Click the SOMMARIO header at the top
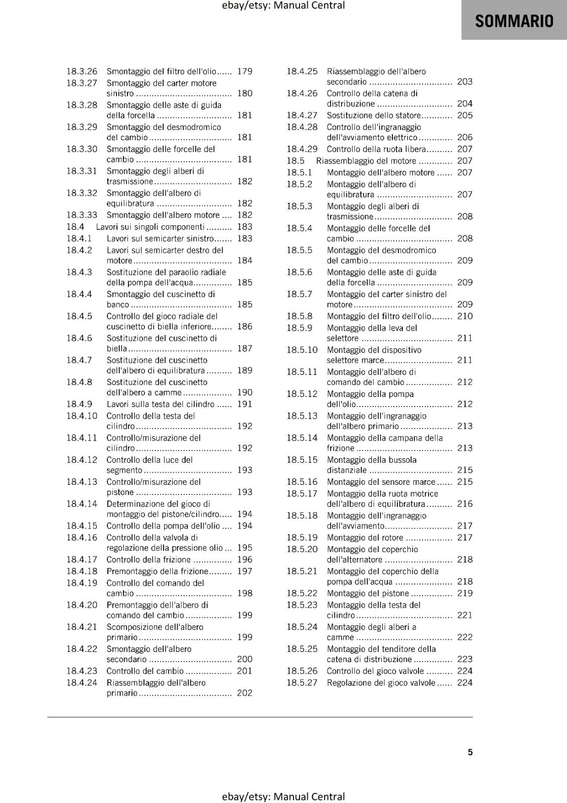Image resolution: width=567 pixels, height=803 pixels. point(514,21)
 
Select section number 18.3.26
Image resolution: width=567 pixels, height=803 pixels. point(82,71)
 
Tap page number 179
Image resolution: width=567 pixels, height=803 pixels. point(245,71)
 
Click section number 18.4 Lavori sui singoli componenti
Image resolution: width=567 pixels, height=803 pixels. point(75,227)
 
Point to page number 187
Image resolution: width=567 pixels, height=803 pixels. point(245,348)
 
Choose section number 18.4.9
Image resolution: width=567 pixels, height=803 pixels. point(79,404)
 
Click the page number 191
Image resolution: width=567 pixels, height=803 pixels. point(245,404)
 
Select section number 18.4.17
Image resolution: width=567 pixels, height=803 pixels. point(82,560)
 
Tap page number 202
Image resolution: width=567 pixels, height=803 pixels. point(245,693)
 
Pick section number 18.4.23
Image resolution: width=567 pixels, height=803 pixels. point(82,671)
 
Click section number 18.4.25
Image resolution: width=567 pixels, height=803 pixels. point(302,71)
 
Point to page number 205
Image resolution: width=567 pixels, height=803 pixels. point(465,115)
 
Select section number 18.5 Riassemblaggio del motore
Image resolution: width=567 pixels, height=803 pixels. point(296,161)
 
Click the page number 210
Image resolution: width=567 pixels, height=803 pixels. point(465,316)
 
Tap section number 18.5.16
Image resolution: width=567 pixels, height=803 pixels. point(302,482)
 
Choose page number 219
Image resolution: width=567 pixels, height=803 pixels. point(465,593)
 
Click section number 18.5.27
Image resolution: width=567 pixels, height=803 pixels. point(302,683)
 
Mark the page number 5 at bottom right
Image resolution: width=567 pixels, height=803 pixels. point(470,752)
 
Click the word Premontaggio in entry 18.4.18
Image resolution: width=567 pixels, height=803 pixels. point(131,571)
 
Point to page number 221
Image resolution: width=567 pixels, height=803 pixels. point(465,615)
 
